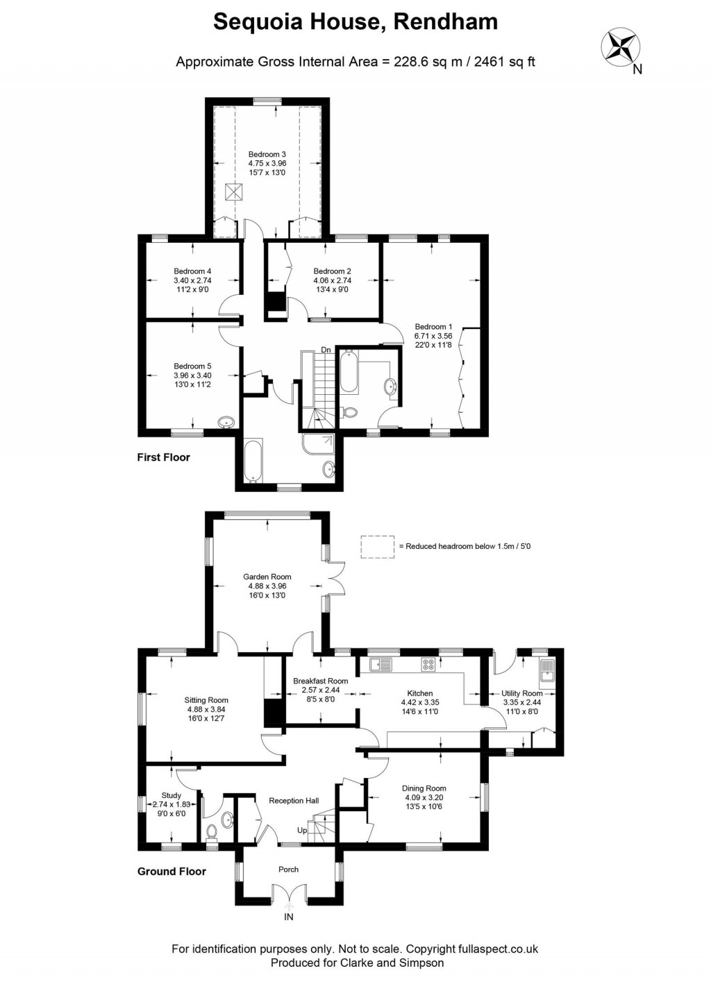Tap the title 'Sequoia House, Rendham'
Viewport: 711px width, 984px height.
355,22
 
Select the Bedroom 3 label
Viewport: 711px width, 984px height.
267,154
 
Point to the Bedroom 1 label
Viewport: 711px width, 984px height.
433,326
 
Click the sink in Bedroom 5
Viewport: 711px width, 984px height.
226,422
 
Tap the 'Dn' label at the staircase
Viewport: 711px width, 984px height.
326,350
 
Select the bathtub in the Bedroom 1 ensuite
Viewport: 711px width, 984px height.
349,373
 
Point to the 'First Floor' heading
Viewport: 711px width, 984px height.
163,457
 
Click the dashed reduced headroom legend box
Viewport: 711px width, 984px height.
377,546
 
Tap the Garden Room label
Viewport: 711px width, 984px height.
267,577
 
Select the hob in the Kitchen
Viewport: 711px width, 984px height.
428,665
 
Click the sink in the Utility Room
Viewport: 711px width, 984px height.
548,670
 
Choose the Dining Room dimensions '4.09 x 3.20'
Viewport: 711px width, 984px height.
424,797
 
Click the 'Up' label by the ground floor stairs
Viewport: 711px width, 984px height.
302,831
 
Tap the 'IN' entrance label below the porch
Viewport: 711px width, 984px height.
289,917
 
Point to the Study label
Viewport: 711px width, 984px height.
172,795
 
